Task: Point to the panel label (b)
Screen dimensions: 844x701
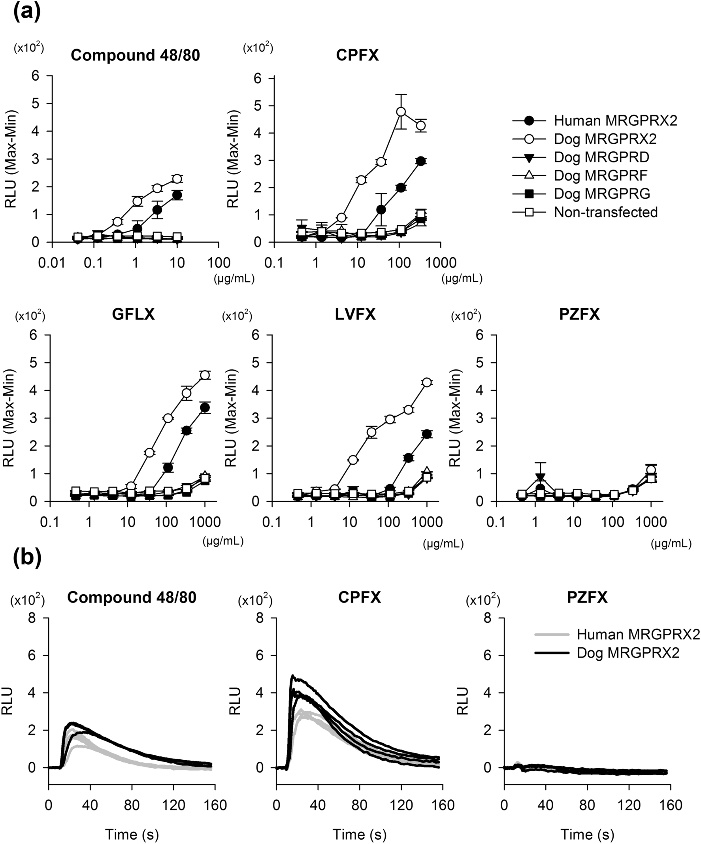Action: coord(26,559)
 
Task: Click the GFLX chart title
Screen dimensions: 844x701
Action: coord(134,314)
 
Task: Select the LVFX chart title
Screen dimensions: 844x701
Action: coord(355,314)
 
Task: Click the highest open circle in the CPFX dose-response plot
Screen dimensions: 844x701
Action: coord(401,111)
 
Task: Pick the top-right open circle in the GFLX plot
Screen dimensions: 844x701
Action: coord(205,375)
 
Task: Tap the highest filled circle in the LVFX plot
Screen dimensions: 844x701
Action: coord(426,434)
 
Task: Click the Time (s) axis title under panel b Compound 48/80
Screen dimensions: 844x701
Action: coord(132,834)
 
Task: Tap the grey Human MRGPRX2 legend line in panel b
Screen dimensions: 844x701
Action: coord(552,635)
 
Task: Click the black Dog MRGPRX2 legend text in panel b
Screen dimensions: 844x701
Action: coord(628,653)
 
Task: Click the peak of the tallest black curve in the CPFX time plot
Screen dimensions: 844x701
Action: coord(293,676)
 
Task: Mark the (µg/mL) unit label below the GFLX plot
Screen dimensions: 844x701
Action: coord(223,541)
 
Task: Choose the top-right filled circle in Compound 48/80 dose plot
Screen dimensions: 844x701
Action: coord(177,195)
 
